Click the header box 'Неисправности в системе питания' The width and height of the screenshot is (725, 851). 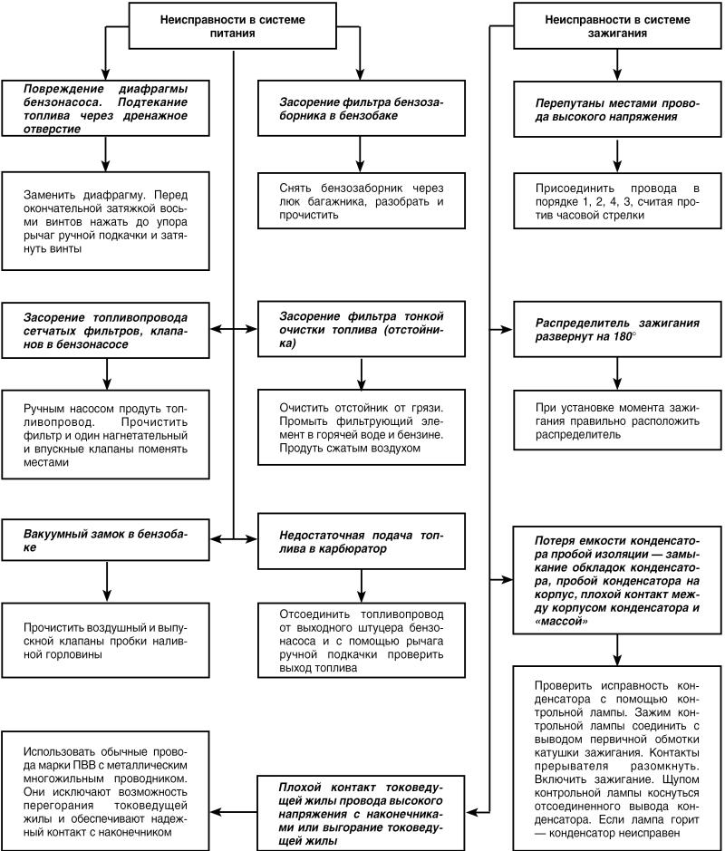coord(234,24)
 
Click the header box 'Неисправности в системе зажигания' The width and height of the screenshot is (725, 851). coord(617,24)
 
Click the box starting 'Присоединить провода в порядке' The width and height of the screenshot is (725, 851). coord(617,203)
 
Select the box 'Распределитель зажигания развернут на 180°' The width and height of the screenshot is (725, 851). coord(617,329)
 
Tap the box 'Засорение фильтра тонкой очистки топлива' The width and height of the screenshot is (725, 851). coord(362,329)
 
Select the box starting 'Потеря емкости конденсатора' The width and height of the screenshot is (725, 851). coord(617,577)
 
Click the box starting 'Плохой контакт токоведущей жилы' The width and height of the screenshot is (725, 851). coord(362,809)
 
